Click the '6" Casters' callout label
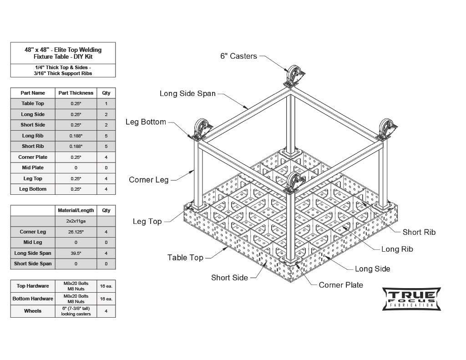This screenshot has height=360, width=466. click(238, 56)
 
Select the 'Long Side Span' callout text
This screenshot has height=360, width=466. click(187, 94)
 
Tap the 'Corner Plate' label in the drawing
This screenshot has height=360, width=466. click(341, 285)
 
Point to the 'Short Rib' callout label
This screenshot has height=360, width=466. click(419, 232)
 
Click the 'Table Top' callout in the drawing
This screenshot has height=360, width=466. click(185, 258)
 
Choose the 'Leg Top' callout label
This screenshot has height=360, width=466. click(147, 222)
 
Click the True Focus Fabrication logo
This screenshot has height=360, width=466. click(411, 299)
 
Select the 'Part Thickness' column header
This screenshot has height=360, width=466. click(76, 93)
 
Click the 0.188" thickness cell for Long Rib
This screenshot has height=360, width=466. click(76, 136)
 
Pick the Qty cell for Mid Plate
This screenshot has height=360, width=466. click(106, 168)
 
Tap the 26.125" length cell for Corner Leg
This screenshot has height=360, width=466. click(76, 232)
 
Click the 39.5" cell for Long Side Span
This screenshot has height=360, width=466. click(76, 253)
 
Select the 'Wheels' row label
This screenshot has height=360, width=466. click(33, 311)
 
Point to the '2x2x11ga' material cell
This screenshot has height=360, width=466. click(76, 221)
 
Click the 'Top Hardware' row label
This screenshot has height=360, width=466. click(33, 286)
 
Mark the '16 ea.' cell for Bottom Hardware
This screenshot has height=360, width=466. click(106, 299)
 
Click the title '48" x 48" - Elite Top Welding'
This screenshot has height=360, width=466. click(63, 50)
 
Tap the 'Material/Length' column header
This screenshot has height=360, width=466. click(76, 211)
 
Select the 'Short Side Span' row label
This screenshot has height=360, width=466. click(33, 264)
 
